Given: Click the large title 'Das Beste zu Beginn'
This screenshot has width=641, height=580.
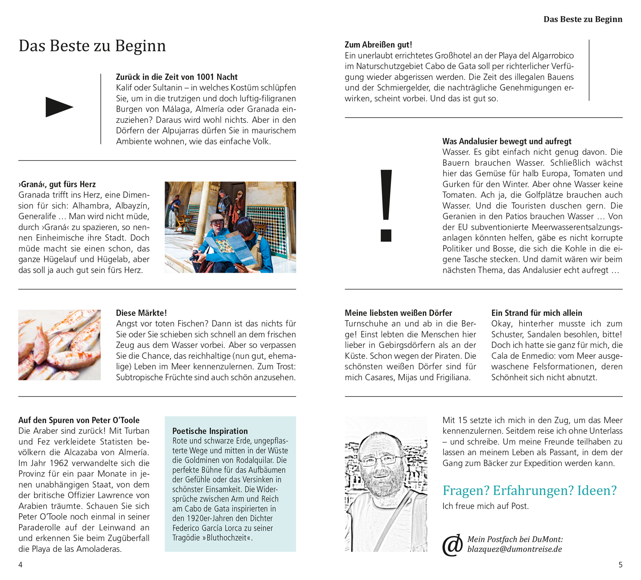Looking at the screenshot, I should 92,46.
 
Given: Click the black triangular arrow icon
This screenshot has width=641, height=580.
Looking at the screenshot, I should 59,107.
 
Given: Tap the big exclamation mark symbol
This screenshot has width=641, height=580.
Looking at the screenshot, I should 386,205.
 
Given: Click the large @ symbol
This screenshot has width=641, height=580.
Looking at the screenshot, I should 453,545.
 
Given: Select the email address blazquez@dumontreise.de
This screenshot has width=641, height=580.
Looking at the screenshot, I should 515,549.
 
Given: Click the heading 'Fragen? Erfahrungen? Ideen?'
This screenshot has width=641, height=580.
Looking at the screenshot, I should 529,490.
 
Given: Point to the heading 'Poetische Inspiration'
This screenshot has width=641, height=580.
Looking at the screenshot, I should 210,431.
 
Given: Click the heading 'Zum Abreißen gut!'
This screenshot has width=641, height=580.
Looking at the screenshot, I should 378,44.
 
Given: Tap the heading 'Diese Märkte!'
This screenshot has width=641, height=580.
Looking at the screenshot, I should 141,313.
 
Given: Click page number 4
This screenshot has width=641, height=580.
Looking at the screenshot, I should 21,565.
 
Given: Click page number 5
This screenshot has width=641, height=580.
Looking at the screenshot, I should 620,565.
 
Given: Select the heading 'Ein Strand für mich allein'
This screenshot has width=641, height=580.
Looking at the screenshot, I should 536,313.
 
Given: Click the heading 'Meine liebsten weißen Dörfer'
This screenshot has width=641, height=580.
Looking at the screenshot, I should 398,313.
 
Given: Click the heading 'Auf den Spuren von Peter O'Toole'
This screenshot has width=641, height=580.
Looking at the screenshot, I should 79,420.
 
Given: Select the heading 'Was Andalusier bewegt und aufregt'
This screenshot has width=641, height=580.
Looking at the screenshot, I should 507,141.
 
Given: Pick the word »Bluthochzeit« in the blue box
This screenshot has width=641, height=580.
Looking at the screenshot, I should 229,538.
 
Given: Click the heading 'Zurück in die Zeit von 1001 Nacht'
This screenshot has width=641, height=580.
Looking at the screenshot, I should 176,77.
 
